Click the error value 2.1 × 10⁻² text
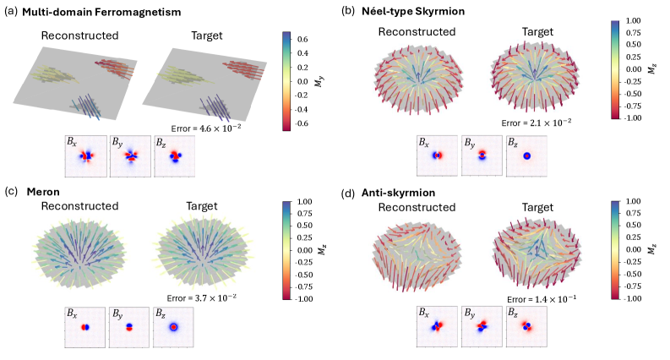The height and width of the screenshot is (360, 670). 537,123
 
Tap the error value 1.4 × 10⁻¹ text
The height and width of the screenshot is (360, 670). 537,298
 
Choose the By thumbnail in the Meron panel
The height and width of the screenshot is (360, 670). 128,325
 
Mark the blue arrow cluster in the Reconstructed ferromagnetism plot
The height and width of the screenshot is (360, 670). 88,105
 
